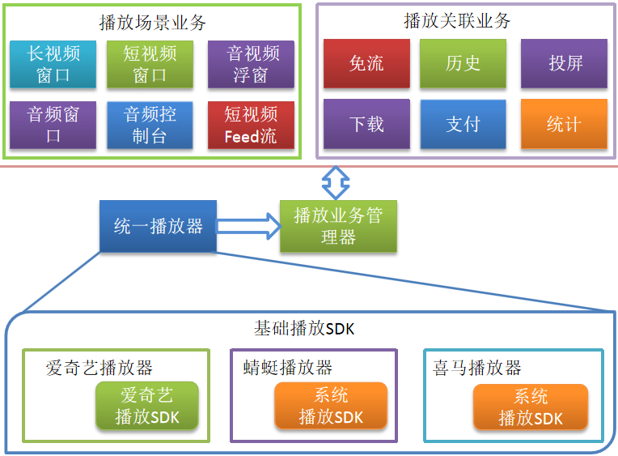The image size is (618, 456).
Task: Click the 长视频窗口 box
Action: point(53,65)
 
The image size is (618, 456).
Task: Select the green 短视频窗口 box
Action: point(150,65)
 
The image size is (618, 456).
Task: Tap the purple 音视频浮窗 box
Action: point(251,65)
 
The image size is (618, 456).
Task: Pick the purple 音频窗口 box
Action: point(53,126)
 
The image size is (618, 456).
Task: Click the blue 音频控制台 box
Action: point(150,126)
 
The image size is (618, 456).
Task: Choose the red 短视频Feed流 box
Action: point(251,126)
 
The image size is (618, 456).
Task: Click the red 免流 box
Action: point(366,63)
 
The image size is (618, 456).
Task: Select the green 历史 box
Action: point(463,63)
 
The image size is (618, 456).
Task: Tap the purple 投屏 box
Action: point(564,63)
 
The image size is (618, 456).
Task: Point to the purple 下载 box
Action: point(366,124)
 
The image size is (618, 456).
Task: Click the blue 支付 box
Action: point(463,124)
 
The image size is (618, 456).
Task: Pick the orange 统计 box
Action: point(564,124)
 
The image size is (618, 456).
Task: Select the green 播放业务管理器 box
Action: point(337,226)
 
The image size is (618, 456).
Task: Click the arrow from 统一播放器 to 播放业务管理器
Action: point(248,226)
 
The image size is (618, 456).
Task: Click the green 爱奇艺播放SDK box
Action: point(146,406)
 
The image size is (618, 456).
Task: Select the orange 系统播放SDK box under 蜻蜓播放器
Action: point(330,406)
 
